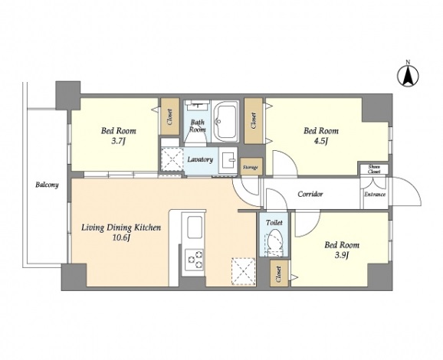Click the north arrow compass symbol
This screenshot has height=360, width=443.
(x=408, y=75)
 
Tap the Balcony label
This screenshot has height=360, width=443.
(x=47, y=185)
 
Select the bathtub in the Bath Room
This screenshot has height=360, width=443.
(x=225, y=122)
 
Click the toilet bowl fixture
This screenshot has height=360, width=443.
(x=274, y=243)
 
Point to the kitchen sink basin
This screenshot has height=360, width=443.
(x=195, y=227)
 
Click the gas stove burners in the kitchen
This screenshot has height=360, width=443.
(x=194, y=258)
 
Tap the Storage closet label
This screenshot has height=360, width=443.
(x=251, y=168)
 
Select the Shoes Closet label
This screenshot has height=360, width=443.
(x=374, y=169)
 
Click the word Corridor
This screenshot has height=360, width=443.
(x=310, y=195)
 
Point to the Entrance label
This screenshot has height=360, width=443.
(x=375, y=195)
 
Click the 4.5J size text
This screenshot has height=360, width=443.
(x=321, y=141)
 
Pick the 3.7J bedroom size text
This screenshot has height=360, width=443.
(x=118, y=141)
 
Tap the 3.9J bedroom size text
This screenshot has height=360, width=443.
(x=342, y=255)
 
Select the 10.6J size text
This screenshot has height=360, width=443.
(x=121, y=238)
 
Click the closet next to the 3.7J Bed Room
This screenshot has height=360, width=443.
(x=170, y=116)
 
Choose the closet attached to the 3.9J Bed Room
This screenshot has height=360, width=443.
(x=279, y=274)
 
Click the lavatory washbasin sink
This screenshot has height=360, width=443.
(x=228, y=160)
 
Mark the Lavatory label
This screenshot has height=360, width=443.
(x=200, y=159)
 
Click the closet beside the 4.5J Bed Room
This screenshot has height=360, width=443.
(x=254, y=121)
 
